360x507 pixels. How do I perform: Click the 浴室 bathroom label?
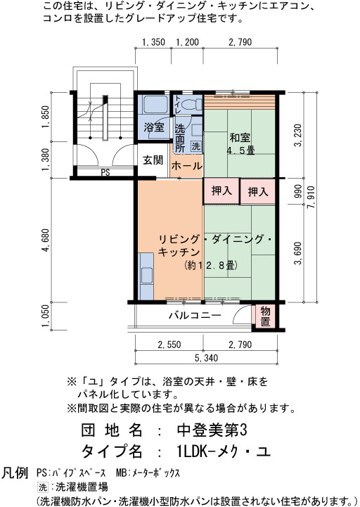click(154, 127)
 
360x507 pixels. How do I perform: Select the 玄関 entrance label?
click(153, 160)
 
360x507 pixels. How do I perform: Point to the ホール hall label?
click(186, 166)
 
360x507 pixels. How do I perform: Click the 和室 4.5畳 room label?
click(240, 144)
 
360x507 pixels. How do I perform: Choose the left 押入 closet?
click(221, 191)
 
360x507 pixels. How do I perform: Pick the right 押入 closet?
click(257, 191)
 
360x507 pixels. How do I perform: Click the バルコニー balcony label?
click(195, 315)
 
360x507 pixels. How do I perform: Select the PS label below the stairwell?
click(105, 172)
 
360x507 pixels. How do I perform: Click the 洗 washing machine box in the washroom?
click(195, 146)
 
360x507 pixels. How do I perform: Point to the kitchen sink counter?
click(146, 276)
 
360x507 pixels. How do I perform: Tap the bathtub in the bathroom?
click(154, 104)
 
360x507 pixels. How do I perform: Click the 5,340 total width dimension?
click(206, 358)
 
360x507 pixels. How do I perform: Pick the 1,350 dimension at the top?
click(153, 42)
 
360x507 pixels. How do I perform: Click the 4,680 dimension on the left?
click(45, 240)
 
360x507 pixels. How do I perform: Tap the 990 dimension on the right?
click(298, 191)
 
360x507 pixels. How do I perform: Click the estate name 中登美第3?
click(212, 430)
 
